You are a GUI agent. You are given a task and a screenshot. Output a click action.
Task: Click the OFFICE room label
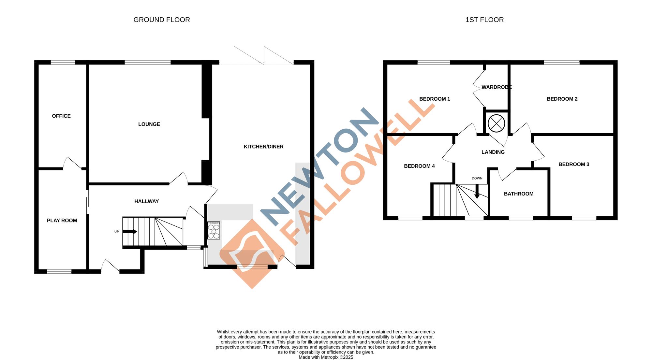pyautogui.click(x=61, y=116)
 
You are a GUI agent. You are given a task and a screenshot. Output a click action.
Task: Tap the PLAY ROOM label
pyautogui.click(x=62, y=221)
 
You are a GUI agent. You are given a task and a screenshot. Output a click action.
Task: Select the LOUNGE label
pyautogui.click(x=149, y=124)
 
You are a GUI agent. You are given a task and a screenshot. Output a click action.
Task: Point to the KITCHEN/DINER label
pyautogui.click(x=263, y=147)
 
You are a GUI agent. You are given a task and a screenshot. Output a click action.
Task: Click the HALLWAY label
pyautogui.click(x=146, y=201)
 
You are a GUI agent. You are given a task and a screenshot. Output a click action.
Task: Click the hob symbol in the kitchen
pyautogui.click(x=214, y=231)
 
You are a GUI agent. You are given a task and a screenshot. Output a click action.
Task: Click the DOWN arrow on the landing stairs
pyautogui.click(x=477, y=192)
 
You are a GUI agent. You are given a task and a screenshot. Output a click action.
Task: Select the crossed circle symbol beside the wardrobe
pyautogui.click(x=496, y=123)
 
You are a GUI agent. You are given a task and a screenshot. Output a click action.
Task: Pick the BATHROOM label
pyautogui.click(x=519, y=194)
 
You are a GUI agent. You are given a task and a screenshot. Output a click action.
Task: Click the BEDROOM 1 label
pyautogui.click(x=435, y=99)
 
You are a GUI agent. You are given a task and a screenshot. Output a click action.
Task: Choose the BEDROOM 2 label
pyautogui.click(x=562, y=99)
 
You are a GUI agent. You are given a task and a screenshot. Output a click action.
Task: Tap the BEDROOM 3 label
pyautogui.click(x=574, y=165)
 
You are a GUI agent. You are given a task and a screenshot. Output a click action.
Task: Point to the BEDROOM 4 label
pyautogui.click(x=419, y=166)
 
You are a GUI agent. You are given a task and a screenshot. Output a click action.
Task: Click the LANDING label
pyautogui.click(x=493, y=152)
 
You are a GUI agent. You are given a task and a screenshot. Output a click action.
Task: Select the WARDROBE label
pyautogui.click(x=496, y=87)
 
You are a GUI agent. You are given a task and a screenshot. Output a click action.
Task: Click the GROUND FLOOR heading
pyautogui.click(x=162, y=20)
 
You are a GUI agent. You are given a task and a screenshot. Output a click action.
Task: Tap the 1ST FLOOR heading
pyautogui.click(x=484, y=20)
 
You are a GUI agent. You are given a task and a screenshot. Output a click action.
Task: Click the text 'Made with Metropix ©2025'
pyautogui.click(x=326, y=357)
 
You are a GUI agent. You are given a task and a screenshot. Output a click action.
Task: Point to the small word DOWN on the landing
pyautogui.click(x=477, y=178)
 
